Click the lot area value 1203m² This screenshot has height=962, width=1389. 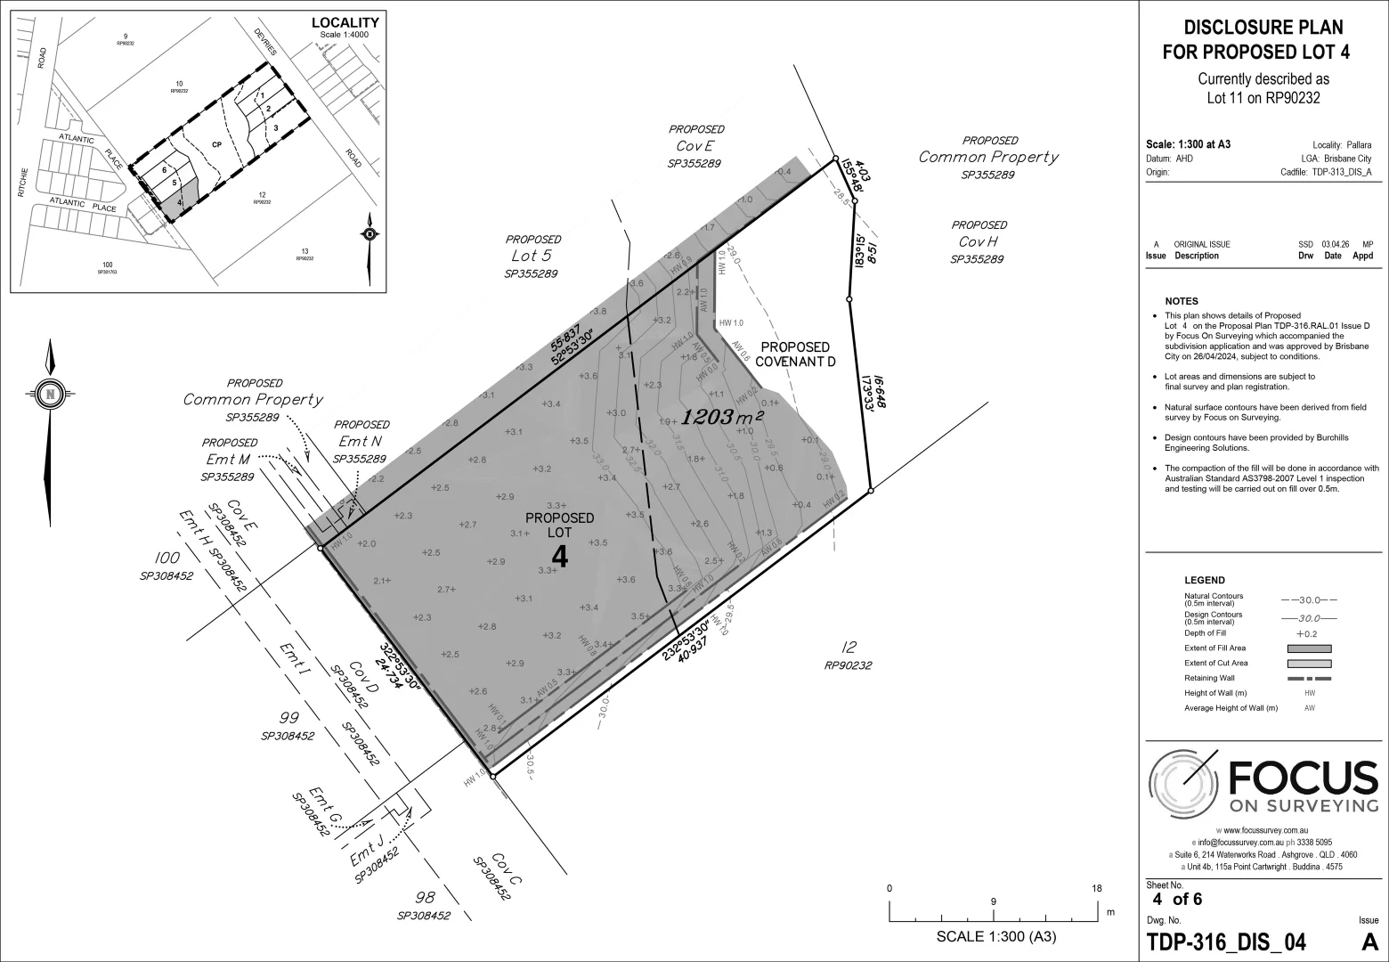[722, 416]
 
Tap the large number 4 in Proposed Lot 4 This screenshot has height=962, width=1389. [559, 557]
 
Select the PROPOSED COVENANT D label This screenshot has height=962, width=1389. [795, 354]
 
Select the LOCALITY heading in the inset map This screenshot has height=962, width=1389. [345, 23]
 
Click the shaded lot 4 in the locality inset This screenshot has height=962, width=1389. [173, 200]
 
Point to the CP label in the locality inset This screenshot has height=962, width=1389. [216, 144]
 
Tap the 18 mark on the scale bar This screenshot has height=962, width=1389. [1097, 888]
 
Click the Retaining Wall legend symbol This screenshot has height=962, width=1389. [1308, 679]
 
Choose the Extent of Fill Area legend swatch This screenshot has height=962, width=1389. [1308, 648]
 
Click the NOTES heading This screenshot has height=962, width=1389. [1181, 301]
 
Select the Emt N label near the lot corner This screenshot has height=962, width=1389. [361, 442]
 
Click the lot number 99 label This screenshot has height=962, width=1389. [288, 717]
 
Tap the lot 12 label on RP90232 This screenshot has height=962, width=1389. [848, 648]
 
